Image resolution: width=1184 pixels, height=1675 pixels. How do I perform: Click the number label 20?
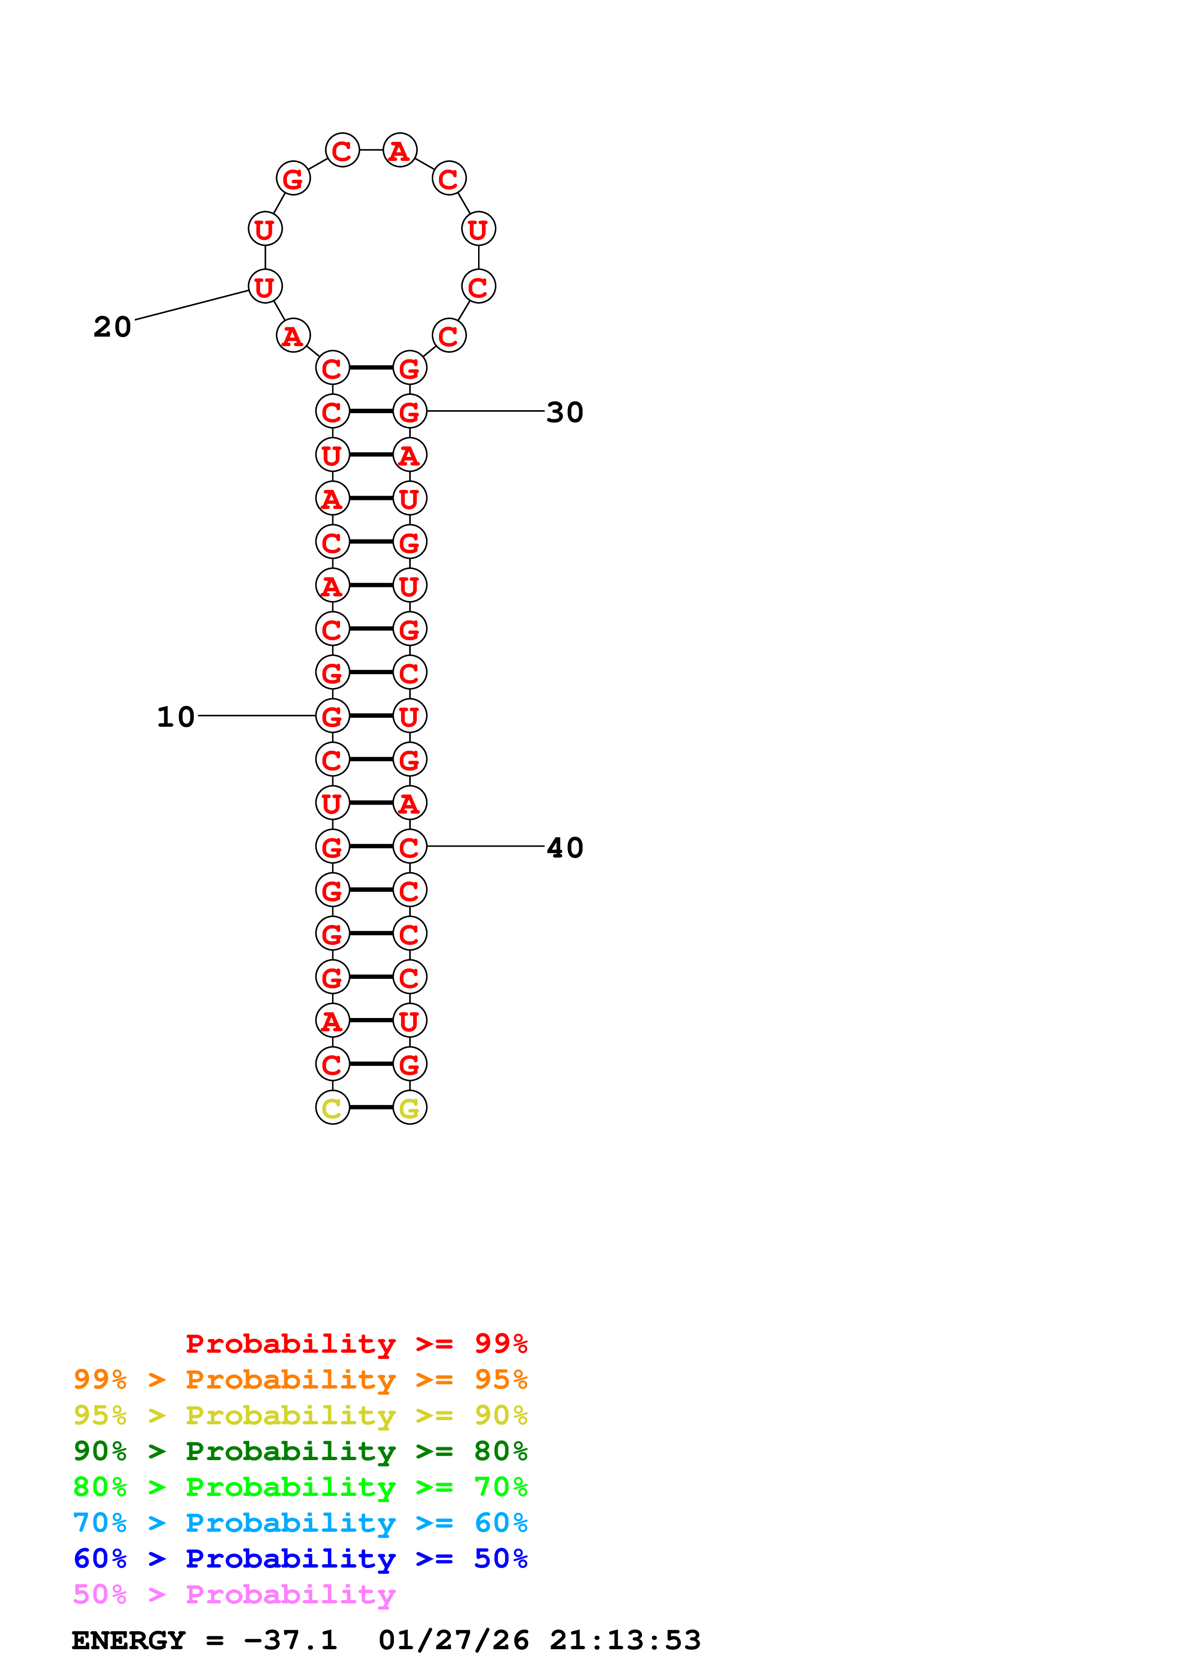point(112,327)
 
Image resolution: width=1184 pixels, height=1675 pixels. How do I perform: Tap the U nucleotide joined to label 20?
point(265,286)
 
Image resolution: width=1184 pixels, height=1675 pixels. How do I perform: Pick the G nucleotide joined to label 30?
point(409,412)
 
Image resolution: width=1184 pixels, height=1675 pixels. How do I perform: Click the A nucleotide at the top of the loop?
point(399,150)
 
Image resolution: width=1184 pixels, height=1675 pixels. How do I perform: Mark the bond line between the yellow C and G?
point(371,1107)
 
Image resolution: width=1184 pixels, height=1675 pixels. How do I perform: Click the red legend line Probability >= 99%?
point(357,1343)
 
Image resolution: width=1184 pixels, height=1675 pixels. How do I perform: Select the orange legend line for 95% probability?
point(300,1379)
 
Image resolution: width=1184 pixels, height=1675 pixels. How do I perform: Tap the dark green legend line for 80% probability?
point(300,1451)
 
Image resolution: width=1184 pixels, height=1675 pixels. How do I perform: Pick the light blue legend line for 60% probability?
point(300,1523)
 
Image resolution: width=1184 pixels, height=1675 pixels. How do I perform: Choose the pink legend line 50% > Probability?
point(234,1595)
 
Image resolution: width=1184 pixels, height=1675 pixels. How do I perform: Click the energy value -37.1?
point(290,1640)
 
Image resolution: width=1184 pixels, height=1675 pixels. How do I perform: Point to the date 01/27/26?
point(454,1640)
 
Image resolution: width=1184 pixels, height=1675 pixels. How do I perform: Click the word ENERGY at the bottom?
point(128,1640)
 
